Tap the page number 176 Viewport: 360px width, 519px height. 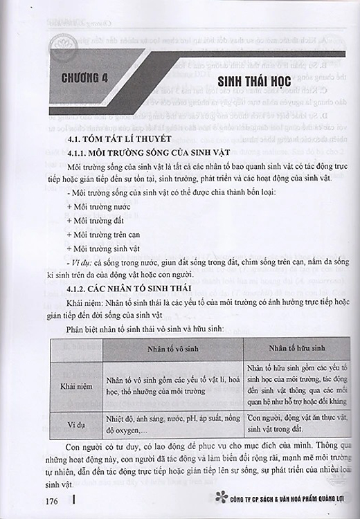[x=55, y=500]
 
